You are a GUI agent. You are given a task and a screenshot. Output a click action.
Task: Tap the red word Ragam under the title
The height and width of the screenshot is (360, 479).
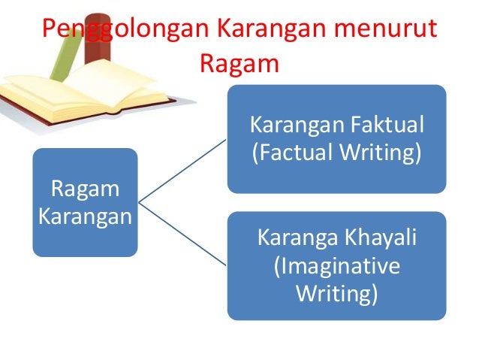[x=239, y=63]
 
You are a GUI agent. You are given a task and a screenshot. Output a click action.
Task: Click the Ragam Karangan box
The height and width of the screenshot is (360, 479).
[x=85, y=202]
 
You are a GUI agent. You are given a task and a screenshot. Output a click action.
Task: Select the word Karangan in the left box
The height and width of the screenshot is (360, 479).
[x=85, y=216]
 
